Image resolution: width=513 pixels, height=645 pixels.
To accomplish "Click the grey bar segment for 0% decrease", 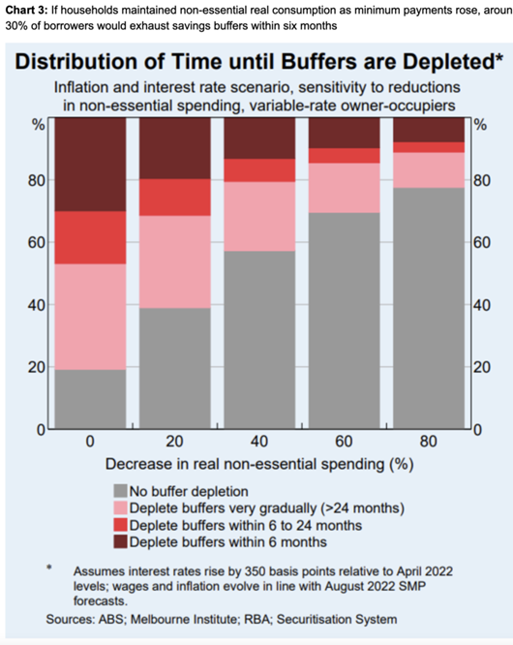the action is point(90,399).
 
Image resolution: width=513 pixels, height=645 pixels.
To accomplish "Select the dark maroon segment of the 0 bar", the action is point(90,165).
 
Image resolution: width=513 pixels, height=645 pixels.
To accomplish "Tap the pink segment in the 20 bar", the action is point(175,262).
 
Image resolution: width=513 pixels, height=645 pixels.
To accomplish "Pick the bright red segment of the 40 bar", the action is point(259,170).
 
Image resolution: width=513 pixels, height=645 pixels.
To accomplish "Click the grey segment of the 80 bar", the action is point(429,308).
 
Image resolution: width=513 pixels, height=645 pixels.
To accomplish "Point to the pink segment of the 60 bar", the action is point(344,188).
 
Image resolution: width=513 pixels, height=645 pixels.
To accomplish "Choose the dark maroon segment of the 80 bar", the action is point(429,130).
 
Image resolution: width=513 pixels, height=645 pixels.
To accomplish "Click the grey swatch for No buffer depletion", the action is point(120,491).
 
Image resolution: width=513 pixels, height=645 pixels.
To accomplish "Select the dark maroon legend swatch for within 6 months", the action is point(120,541).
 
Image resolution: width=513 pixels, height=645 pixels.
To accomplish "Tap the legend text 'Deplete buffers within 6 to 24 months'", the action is point(246,525).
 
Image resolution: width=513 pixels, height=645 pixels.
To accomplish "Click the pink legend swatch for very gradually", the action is point(120,508).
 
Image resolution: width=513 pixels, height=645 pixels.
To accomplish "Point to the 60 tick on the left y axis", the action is point(36,242).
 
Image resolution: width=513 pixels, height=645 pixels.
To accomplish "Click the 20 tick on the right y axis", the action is point(481,367).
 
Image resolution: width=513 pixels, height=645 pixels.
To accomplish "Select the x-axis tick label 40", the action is point(259,442).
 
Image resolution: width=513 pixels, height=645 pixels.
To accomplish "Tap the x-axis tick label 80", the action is point(429,442).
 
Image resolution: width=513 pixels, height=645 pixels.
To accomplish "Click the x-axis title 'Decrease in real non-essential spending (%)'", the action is point(259,464).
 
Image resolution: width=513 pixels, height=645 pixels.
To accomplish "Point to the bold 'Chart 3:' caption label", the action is point(26,10).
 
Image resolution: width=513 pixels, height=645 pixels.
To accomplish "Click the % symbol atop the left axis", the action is point(39,125).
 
